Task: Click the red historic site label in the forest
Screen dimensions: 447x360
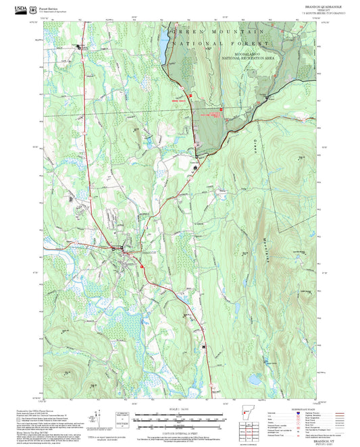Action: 213,115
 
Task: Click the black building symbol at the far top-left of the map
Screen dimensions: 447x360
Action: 78,47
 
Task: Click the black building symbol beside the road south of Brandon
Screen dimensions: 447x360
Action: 203,346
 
